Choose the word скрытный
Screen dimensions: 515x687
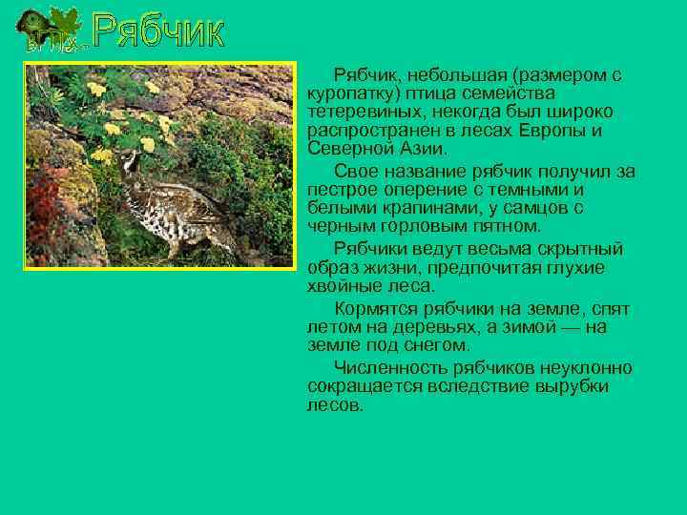pos(584,249)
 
